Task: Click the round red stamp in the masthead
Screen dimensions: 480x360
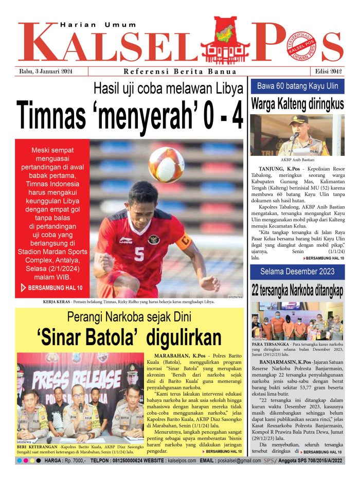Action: [x=300, y=46]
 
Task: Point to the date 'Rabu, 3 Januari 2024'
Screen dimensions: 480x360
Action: [x=45, y=72]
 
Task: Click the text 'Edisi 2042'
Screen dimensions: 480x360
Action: [x=328, y=72]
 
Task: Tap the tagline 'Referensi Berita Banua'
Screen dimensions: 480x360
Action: [x=180, y=72]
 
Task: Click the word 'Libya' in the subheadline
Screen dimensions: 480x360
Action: [x=225, y=88]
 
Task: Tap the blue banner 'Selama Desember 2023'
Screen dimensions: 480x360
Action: [x=297, y=271]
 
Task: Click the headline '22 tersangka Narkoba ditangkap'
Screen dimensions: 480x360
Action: [x=297, y=290]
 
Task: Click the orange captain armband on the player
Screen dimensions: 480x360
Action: [x=184, y=241]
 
